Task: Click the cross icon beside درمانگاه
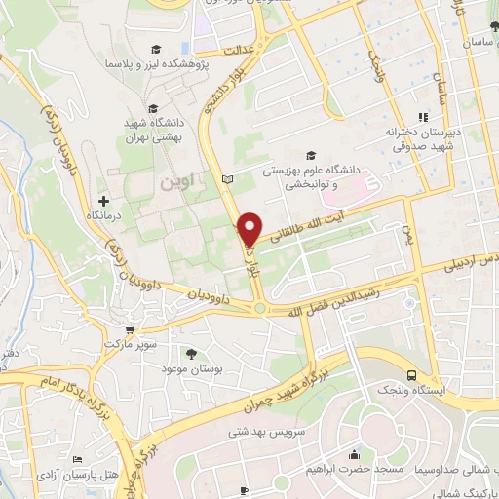click(103, 200)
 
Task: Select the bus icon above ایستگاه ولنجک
click(413, 375)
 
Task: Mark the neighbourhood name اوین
click(173, 182)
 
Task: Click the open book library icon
click(228, 179)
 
